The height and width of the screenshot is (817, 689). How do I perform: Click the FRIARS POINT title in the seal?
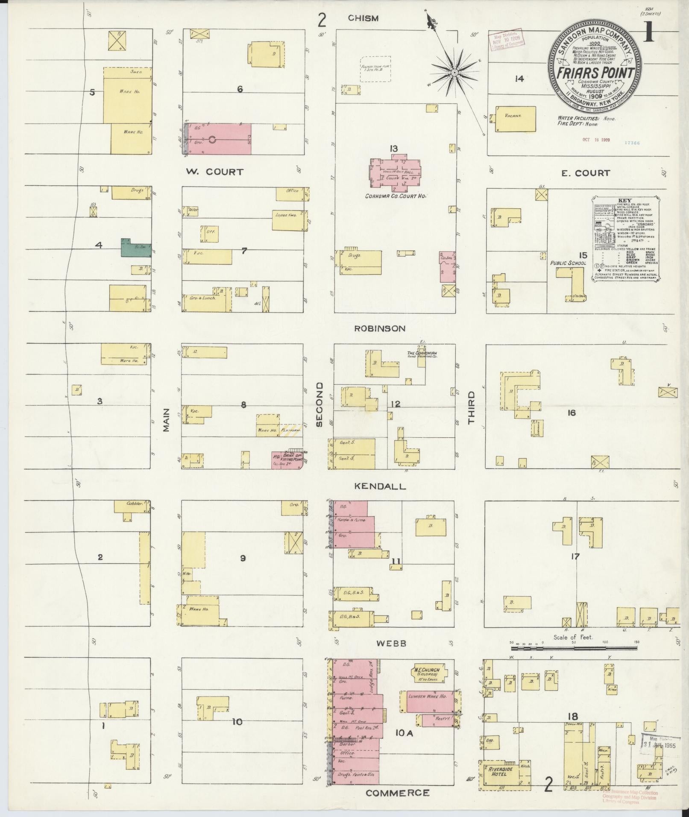[596, 72]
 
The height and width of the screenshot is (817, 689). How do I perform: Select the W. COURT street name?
[214, 172]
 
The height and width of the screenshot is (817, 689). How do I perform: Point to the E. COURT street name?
[586, 173]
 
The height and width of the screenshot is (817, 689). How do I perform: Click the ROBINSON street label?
[379, 328]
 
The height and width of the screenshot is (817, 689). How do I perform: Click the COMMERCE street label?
[397, 793]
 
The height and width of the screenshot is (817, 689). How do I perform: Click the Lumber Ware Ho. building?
[427, 701]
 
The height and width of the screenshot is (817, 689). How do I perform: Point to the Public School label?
[568, 263]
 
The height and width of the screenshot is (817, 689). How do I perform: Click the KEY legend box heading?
[625, 200]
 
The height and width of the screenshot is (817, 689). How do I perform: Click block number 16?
[572, 413]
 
